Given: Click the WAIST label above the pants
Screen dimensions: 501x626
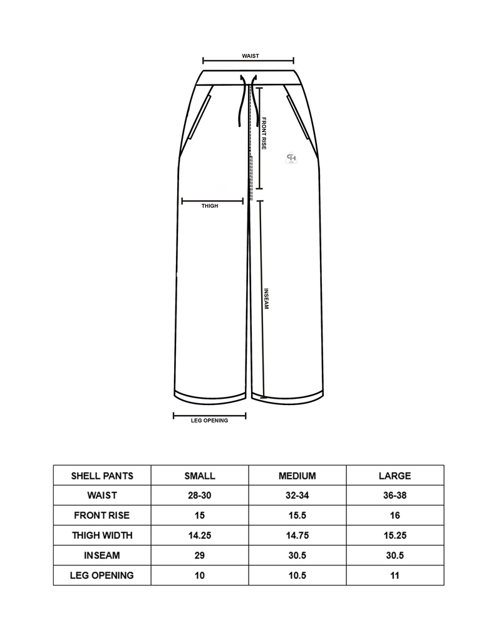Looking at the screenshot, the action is pyautogui.click(x=250, y=56).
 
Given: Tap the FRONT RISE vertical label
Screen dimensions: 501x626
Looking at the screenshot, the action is pyautogui.click(x=264, y=133).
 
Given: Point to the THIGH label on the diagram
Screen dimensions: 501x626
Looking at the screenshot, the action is pyautogui.click(x=210, y=206).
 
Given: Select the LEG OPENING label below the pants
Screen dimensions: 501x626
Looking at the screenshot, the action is pyautogui.click(x=209, y=421).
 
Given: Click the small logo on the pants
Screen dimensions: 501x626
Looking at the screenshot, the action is pyautogui.click(x=291, y=158).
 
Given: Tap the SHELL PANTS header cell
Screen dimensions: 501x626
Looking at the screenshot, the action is pyautogui.click(x=102, y=476).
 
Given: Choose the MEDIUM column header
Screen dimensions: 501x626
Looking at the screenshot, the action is pyautogui.click(x=297, y=476).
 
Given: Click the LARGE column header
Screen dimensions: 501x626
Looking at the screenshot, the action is pyautogui.click(x=395, y=476).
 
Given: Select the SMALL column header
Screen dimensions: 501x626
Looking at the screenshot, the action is pyautogui.click(x=200, y=476).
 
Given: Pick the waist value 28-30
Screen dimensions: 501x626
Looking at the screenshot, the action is pyautogui.click(x=200, y=495).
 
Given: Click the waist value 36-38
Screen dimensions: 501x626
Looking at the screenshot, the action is pyautogui.click(x=395, y=495).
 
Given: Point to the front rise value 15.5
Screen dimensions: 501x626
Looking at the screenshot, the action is pyautogui.click(x=297, y=515).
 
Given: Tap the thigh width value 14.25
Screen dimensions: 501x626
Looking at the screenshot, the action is pyautogui.click(x=200, y=535).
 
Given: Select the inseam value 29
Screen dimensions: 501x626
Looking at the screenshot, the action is pyautogui.click(x=200, y=555).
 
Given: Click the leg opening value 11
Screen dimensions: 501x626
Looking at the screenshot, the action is pyautogui.click(x=395, y=575).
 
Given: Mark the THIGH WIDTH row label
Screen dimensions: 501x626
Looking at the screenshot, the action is pyautogui.click(x=102, y=535).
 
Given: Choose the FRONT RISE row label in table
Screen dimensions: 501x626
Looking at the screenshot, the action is pyautogui.click(x=102, y=515).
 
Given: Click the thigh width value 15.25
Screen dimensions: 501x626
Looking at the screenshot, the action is pyautogui.click(x=395, y=535).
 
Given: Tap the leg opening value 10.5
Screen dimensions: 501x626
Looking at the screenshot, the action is pyautogui.click(x=297, y=575).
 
